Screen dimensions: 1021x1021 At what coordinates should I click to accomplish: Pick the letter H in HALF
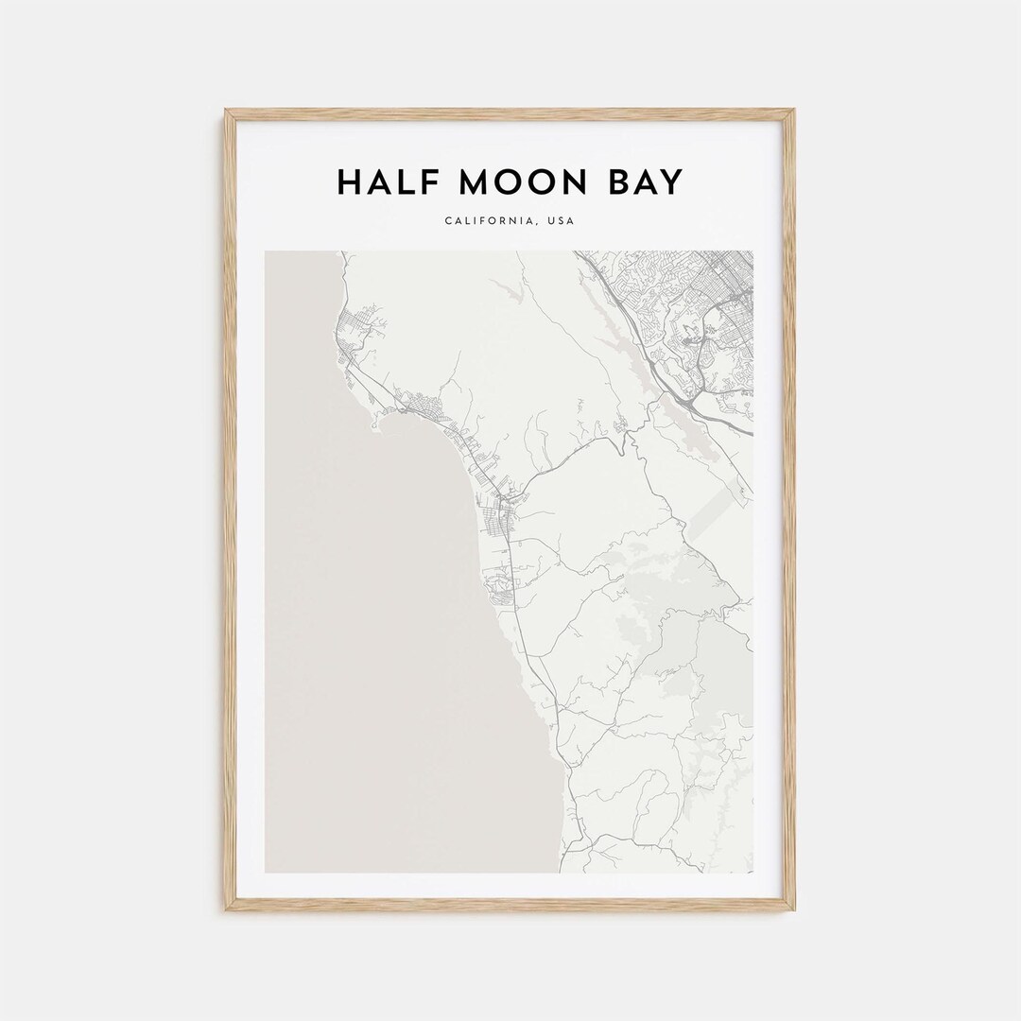(349, 182)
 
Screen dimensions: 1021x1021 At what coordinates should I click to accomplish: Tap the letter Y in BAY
(669, 182)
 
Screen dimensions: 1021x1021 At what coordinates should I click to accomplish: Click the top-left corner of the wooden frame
(227, 112)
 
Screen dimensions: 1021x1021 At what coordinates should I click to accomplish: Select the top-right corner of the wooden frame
(792, 112)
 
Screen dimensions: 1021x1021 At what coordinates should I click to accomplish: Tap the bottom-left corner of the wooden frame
(227, 909)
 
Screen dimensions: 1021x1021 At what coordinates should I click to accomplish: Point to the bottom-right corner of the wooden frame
(792, 909)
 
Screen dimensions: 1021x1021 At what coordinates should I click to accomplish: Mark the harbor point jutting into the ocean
(377, 423)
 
